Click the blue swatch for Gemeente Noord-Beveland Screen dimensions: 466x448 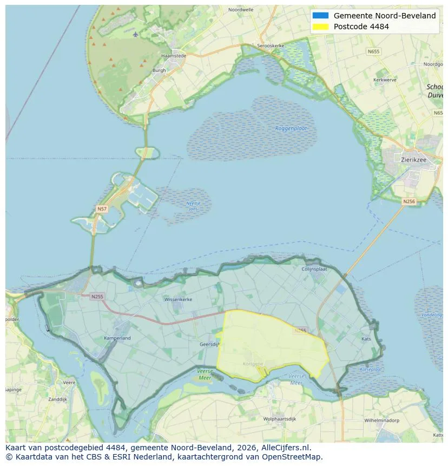click(320, 16)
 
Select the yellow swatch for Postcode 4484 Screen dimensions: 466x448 click(320, 27)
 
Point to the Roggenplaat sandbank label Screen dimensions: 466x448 click(291, 128)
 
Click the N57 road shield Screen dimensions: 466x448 click(102, 208)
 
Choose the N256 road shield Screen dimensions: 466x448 click(409, 201)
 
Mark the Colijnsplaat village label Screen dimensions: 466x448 click(314, 268)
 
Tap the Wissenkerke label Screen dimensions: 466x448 click(178, 299)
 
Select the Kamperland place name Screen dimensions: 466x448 click(117, 338)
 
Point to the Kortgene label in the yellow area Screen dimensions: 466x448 click(253, 364)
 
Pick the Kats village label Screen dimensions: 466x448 click(366, 339)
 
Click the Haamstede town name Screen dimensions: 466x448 click(173, 56)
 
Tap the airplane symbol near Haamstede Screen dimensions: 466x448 click(135, 35)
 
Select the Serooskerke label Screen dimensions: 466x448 click(271, 46)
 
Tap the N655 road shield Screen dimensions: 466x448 click(373, 52)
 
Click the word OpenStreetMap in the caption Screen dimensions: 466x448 click(293, 457)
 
